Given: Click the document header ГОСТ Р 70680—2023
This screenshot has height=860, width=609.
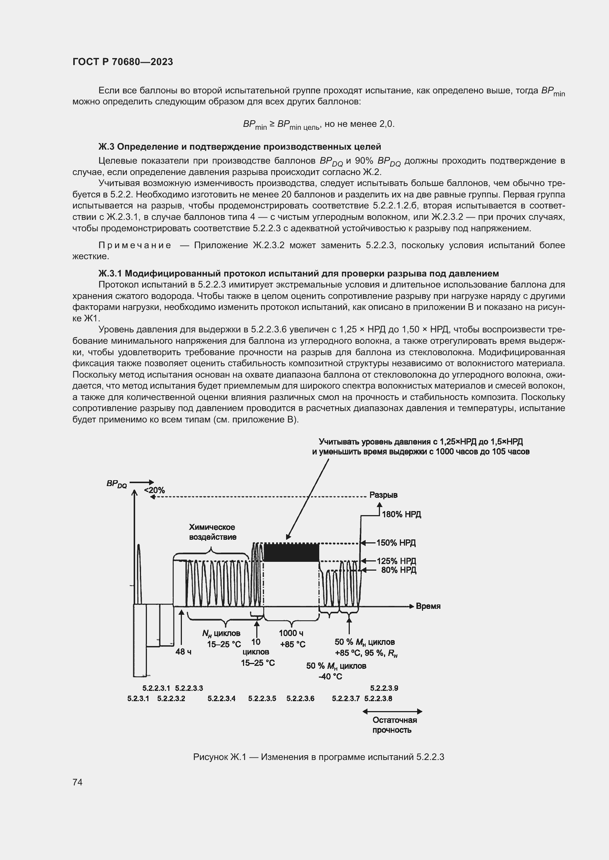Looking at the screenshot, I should pyautogui.click(x=123, y=62).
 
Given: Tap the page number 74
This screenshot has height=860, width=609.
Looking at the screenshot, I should pyautogui.click(x=77, y=782).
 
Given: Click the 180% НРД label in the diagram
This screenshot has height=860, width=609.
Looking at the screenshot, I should pyautogui.click(x=401, y=514).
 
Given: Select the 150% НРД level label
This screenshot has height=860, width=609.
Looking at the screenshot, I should pyautogui.click(x=396, y=543).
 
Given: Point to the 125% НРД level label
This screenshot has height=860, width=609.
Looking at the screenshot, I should pyautogui.click(x=396, y=561).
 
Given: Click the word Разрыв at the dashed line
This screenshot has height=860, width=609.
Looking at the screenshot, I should pyautogui.click(x=383, y=495).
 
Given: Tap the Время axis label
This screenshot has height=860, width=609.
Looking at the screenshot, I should pyautogui.click(x=428, y=606).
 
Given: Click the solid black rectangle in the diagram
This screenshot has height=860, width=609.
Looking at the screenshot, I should pyautogui.click(x=291, y=552).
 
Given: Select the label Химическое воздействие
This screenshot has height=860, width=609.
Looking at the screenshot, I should pyautogui.click(x=212, y=532).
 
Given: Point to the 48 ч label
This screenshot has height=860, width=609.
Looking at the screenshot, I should pyautogui.click(x=183, y=652).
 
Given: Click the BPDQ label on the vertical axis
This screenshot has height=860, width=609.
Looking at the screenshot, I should pyautogui.click(x=117, y=484).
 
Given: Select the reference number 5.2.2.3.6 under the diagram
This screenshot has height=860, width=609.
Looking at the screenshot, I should pyautogui.click(x=300, y=698).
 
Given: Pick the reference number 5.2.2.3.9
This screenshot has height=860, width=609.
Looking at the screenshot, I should pyautogui.click(x=384, y=688).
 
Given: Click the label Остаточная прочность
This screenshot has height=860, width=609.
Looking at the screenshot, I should pyautogui.click(x=394, y=725).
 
